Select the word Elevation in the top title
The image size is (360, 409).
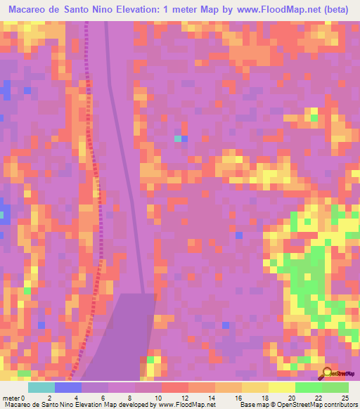click(141, 10)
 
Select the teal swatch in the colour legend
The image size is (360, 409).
click(41, 387)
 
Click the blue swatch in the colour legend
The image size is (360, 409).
click(68, 387)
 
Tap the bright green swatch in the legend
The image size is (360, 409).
click(309, 387)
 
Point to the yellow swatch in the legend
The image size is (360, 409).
click(282, 387)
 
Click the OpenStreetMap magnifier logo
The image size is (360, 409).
click(328, 372)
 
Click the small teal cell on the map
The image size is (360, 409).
click(178, 139)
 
